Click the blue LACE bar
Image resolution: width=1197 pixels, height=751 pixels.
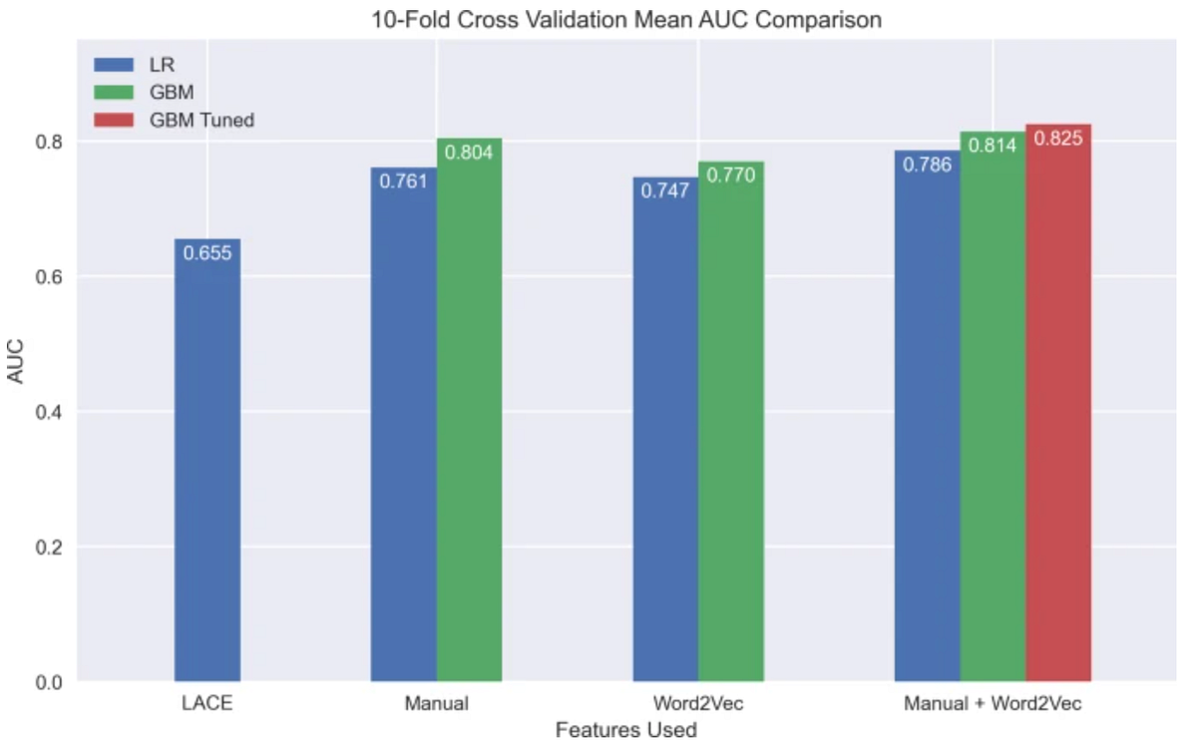[x=207, y=460]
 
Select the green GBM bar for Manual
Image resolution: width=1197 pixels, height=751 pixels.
[x=469, y=410]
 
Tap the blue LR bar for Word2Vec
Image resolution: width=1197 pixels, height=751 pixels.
[x=666, y=429]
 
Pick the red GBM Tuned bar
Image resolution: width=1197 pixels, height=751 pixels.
[x=1058, y=403]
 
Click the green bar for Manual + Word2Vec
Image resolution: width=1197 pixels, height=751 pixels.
[x=993, y=407]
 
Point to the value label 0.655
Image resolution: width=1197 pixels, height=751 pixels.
[x=207, y=252]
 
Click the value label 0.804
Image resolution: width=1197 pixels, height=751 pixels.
[x=469, y=153]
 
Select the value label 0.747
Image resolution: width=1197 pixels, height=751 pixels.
[x=665, y=190]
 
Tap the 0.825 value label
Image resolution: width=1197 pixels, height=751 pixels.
[x=1058, y=139]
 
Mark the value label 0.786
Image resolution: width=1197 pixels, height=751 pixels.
[x=927, y=165]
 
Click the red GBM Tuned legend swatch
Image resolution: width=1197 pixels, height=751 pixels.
[x=114, y=120]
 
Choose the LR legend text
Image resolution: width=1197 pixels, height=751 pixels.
[x=162, y=65]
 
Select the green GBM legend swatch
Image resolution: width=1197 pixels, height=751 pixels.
[x=114, y=92]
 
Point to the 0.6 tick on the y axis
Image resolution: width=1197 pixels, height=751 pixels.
[x=49, y=276]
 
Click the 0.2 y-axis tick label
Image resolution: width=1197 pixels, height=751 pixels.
[x=49, y=548]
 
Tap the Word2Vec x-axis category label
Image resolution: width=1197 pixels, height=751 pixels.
[x=698, y=703]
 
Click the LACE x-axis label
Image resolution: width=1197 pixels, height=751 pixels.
[x=207, y=703]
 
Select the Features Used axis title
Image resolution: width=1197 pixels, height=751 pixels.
[x=626, y=730]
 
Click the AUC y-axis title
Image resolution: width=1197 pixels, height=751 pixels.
[x=16, y=361]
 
